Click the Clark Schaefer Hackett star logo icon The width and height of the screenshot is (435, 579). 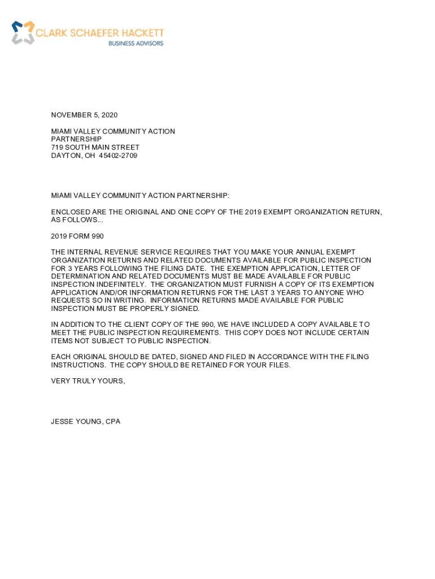(23, 33)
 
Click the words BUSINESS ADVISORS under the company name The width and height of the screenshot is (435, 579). (136, 44)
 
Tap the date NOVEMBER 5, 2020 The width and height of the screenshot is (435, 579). (84, 115)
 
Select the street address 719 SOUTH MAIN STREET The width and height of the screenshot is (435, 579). (95, 148)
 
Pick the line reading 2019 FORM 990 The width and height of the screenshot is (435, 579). (77, 236)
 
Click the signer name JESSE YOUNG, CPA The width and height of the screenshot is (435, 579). (85, 422)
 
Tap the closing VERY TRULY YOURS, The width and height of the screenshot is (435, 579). (88, 381)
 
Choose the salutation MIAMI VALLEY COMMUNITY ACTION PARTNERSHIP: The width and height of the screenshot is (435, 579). (140, 196)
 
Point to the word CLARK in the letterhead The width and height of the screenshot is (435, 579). (51, 33)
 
